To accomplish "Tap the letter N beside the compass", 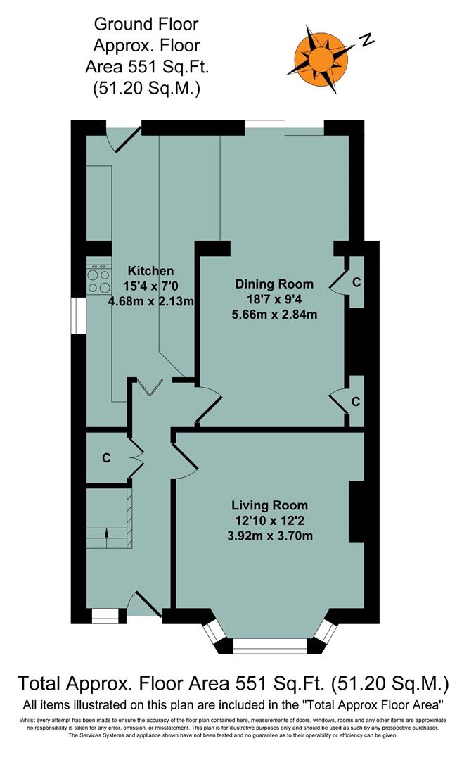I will [366, 40].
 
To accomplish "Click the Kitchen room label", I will [150, 271].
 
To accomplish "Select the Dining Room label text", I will [274, 284].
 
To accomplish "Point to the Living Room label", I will [270, 505].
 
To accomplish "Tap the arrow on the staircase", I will [106, 533].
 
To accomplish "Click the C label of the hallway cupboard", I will [106, 457].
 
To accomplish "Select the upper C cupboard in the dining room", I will [356, 282].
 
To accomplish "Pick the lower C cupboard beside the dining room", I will [356, 402].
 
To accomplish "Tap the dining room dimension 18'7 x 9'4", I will [274, 299].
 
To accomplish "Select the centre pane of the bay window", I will [270, 645].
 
